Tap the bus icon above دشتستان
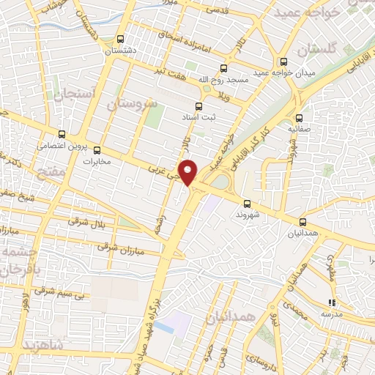121,40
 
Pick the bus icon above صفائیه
298,117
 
